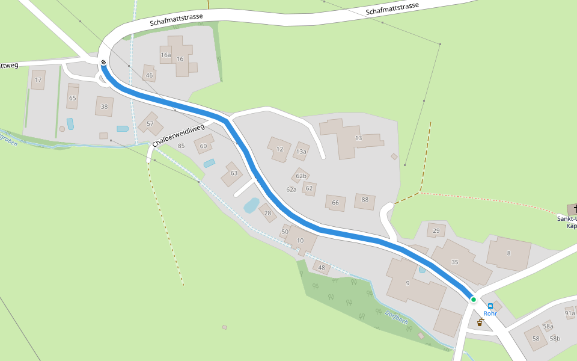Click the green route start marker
tap(474, 299)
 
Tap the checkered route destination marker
tap(103, 62)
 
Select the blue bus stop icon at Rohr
tap(490, 306)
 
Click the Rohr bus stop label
tap(490, 313)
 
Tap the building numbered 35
tap(454, 262)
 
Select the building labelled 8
tap(508, 253)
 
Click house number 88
tap(365, 200)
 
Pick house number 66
tap(335, 203)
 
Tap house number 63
tap(234, 173)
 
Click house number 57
tap(150, 124)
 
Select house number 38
tap(104, 106)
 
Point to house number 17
tap(38, 79)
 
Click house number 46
tap(149, 75)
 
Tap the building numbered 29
tap(436, 231)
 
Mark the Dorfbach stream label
tap(397, 316)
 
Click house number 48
tap(322, 268)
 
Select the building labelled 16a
tap(166, 55)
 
